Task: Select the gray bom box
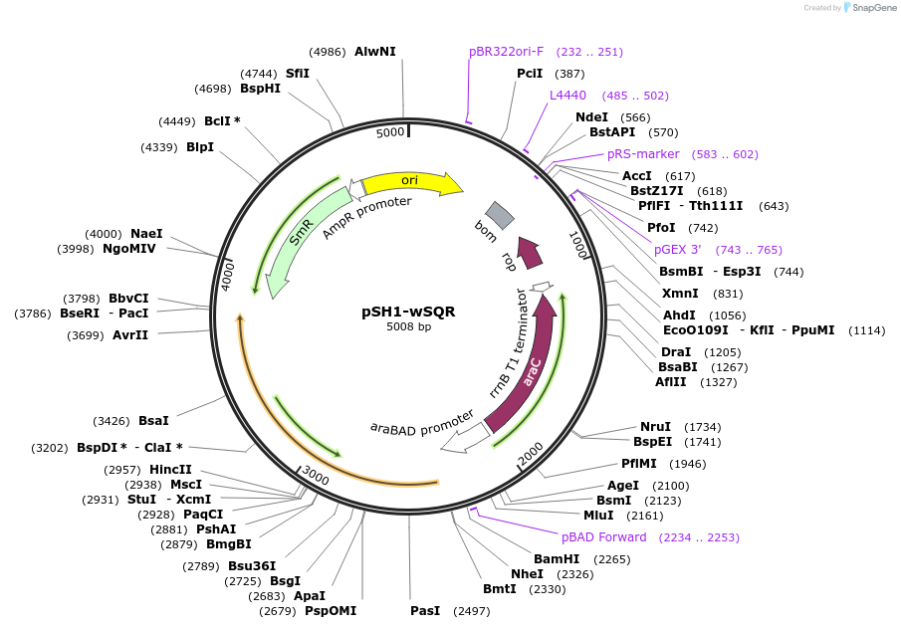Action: (500, 215)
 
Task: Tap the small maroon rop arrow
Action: (530, 252)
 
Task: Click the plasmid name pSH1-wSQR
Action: (408, 312)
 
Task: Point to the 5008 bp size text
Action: (408, 326)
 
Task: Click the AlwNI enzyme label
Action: (375, 51)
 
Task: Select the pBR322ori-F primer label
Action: (506, 52)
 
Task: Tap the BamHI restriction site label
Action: (557, 559)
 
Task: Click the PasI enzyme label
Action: (425, 611)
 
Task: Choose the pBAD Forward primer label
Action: (604, 537)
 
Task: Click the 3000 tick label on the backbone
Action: (316, 476)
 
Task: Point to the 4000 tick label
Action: (228, 276)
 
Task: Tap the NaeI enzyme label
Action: (146, 233)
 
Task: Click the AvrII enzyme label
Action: (130, 334)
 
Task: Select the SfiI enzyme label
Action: (298, 74)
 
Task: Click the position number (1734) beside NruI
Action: (703, 427)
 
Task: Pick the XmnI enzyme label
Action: (680, 294)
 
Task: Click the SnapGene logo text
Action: (874, 8)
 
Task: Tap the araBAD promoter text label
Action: (422, 424)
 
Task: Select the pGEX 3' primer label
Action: (677, 250)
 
